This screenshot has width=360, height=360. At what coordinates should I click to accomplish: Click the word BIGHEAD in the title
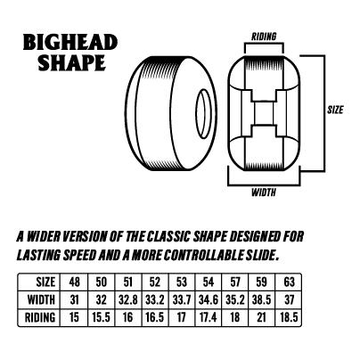70,42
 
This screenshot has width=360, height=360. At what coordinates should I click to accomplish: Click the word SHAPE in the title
72,62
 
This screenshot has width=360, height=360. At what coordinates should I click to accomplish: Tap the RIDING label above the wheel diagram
264,37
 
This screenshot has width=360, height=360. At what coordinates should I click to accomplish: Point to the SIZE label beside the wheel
335,110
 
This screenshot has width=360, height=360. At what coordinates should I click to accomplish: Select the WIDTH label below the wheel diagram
264,192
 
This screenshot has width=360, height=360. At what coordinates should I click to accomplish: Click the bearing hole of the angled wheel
203,114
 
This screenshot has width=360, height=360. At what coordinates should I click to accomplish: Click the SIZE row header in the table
45,282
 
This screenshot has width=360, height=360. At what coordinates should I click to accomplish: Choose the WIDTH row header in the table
41,299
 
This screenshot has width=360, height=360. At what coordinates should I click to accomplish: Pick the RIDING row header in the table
40,317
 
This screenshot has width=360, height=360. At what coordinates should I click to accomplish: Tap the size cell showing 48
74,282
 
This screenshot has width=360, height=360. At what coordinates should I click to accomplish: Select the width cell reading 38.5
261,300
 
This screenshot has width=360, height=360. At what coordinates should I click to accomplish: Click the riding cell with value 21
261,317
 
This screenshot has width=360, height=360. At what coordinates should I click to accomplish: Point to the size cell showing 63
289,282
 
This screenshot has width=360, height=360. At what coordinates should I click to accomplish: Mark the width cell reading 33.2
155,300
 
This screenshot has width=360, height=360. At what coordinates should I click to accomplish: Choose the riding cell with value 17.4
208,317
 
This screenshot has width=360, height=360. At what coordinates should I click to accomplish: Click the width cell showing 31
74,300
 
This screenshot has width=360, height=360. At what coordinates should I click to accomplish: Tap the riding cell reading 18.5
289,317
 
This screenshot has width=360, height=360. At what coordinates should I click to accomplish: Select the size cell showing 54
209,282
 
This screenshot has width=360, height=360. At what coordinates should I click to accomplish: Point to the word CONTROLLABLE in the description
205,255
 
